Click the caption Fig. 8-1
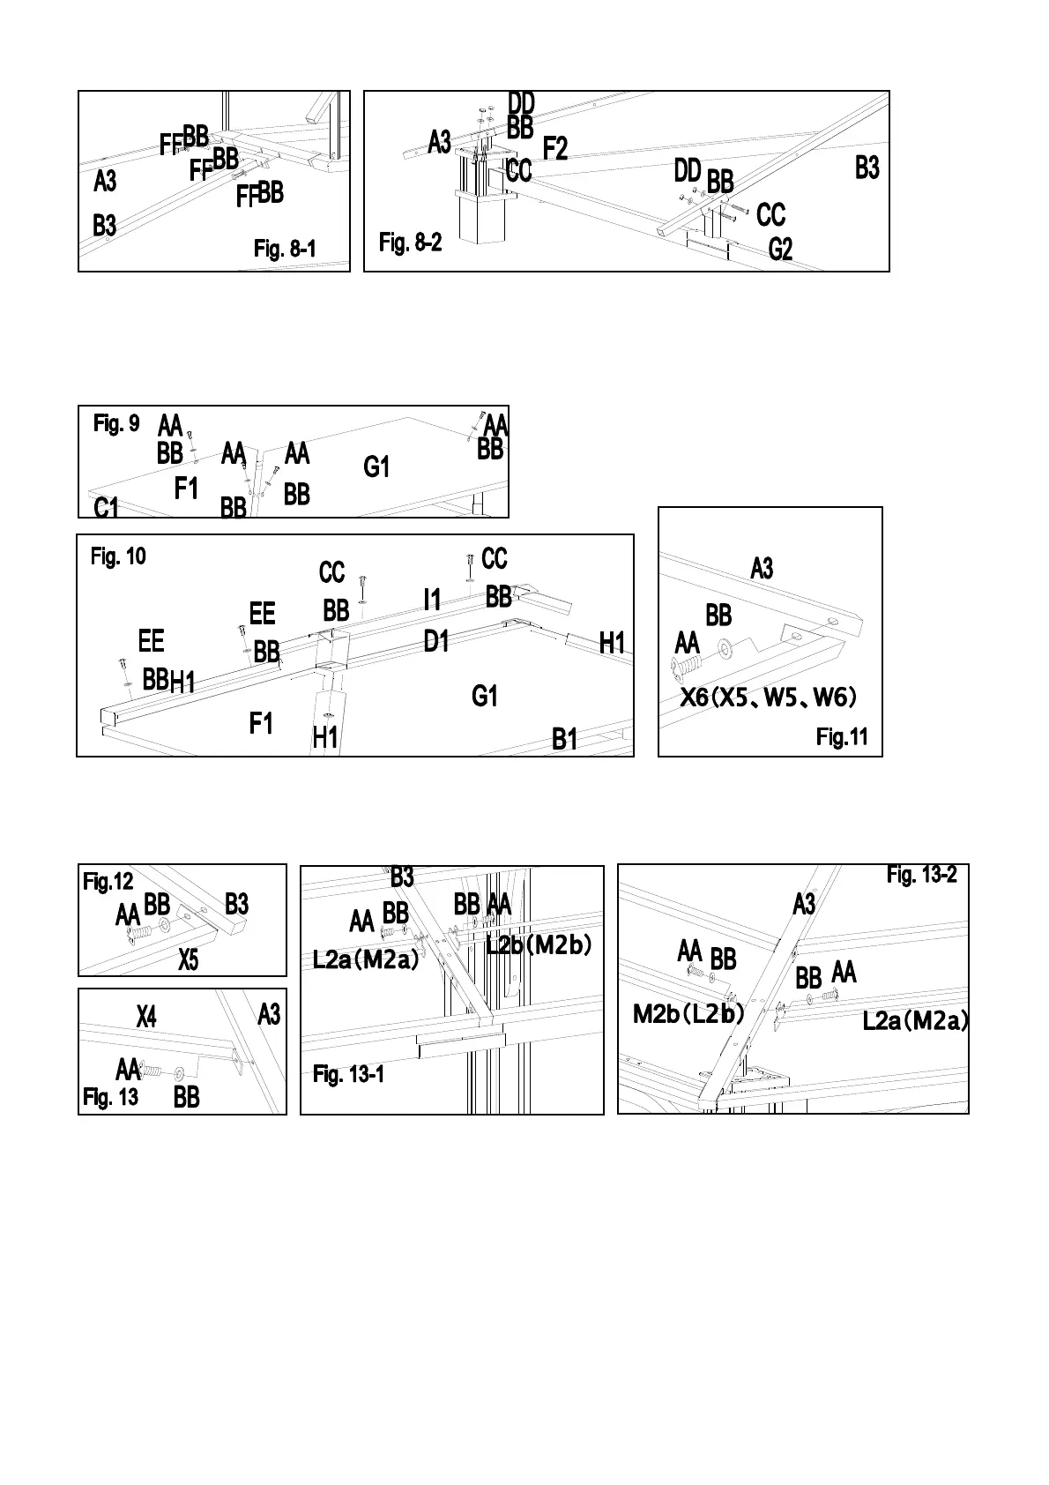click(x=284, y=250)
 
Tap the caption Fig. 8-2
click(x=410, y=243)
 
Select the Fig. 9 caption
click(x=116, y=424)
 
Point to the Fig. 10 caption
click(x=118, y=556)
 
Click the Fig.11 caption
click(x=842, y=737)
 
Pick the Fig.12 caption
click(x=108, y=881)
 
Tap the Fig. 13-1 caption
click(x=348, y=1074)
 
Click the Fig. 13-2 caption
click(x=921, y=875)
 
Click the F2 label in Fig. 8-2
click(x=555, y=148)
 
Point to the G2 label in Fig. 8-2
click(x=780, y=250)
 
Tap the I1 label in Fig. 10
click(x=432, y=601)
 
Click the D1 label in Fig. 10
click(x=436, y=641)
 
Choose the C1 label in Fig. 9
click(x=106, y=508)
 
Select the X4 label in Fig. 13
click(x=146, y=1017)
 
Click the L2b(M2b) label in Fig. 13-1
click(x=539, y=945)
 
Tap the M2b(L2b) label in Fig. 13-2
click(x=688, y=1014)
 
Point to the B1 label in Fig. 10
click(x=564, y=740)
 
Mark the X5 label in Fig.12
click(x=189, y=960)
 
